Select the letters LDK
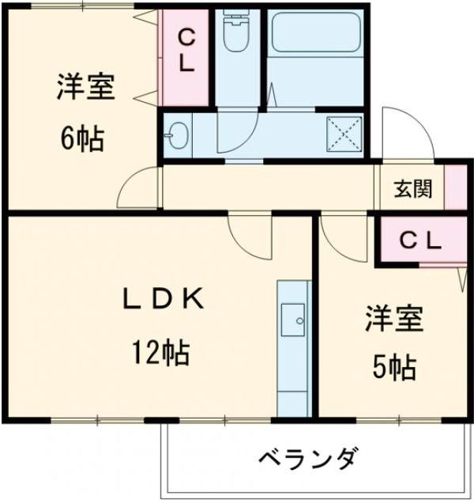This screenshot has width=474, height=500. pyautogui.click(x=164, y=299)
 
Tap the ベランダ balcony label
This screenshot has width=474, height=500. pyautogui.click(x=309, y=458)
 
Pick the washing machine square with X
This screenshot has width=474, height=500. pyautogui.click(x=344, y=134)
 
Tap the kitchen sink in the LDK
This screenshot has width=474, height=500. pyautogui.click(x=295, y=319)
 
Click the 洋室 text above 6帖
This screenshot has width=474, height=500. pyautogui.click(x=85, y=87)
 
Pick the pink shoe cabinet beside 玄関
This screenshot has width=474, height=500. pyautogui.click(x=456, y=187)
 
